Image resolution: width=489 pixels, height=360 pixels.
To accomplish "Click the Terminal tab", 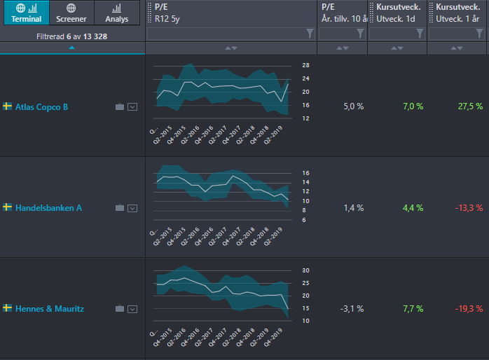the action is click(27, 13).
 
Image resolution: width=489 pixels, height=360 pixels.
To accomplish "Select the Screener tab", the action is click(71, 13).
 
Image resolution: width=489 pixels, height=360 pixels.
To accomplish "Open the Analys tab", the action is click(116, 13).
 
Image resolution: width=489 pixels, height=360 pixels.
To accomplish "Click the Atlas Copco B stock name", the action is click(41, 107).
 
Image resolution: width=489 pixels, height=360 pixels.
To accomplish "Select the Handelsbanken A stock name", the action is click(48, 208).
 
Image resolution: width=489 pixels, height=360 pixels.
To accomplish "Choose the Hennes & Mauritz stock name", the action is click(50, 309).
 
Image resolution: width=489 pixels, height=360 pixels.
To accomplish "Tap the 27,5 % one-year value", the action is click(470, 106).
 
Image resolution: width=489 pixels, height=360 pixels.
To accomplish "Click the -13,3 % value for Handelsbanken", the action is click(469, 208).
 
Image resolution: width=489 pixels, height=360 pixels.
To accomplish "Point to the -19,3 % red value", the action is click(469, 309).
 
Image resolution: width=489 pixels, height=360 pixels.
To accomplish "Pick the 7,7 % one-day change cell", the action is click(413, 309).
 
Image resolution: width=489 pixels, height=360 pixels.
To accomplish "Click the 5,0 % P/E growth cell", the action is click(354, 106).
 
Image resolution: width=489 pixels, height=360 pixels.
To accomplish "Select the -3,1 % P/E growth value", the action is click(352, 309).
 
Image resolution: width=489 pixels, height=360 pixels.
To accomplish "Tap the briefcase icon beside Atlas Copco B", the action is click(120, 107).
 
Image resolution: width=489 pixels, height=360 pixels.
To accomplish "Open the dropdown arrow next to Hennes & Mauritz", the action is click(132, 309).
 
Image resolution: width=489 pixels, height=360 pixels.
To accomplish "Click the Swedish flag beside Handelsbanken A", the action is click(7, 207).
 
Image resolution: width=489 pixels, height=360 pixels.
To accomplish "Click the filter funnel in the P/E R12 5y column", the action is click(310, 34).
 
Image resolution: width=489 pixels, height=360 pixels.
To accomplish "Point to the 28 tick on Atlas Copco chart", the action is click(305, 65).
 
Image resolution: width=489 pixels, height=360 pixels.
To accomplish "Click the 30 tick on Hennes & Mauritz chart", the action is click(305, 270).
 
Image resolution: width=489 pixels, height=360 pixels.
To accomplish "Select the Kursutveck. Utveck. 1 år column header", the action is click(457, 13).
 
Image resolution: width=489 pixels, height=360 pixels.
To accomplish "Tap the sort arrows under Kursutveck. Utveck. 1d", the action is click(397, 48).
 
